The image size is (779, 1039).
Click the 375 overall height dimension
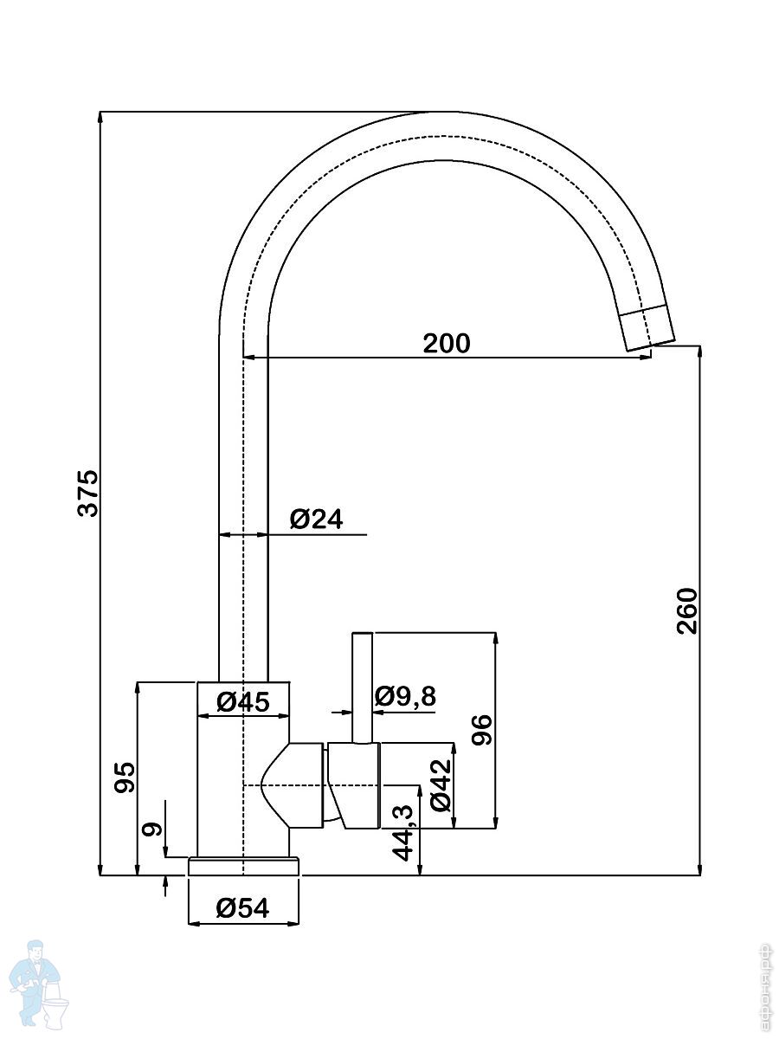(x=89, y=494)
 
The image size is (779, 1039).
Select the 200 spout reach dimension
(x=447, y=344)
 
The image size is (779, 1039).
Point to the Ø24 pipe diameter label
(x=317, y=519)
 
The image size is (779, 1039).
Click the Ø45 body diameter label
(x=244, y=701)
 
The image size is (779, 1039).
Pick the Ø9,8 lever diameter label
(x=406, y=696)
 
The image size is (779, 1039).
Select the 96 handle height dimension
(x=482, y=730)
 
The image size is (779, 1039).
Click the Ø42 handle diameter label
(x=441, y=784)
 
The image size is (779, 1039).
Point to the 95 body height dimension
(x=126, y=778)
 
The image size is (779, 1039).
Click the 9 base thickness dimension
(x=152, y=829)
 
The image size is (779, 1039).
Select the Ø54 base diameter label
(x=243, y=908)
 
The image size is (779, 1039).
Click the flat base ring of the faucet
(x=244, y=867)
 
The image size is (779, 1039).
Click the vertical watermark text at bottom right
(x=764, y=987)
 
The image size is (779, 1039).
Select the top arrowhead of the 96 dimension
(x=495, y=638)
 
